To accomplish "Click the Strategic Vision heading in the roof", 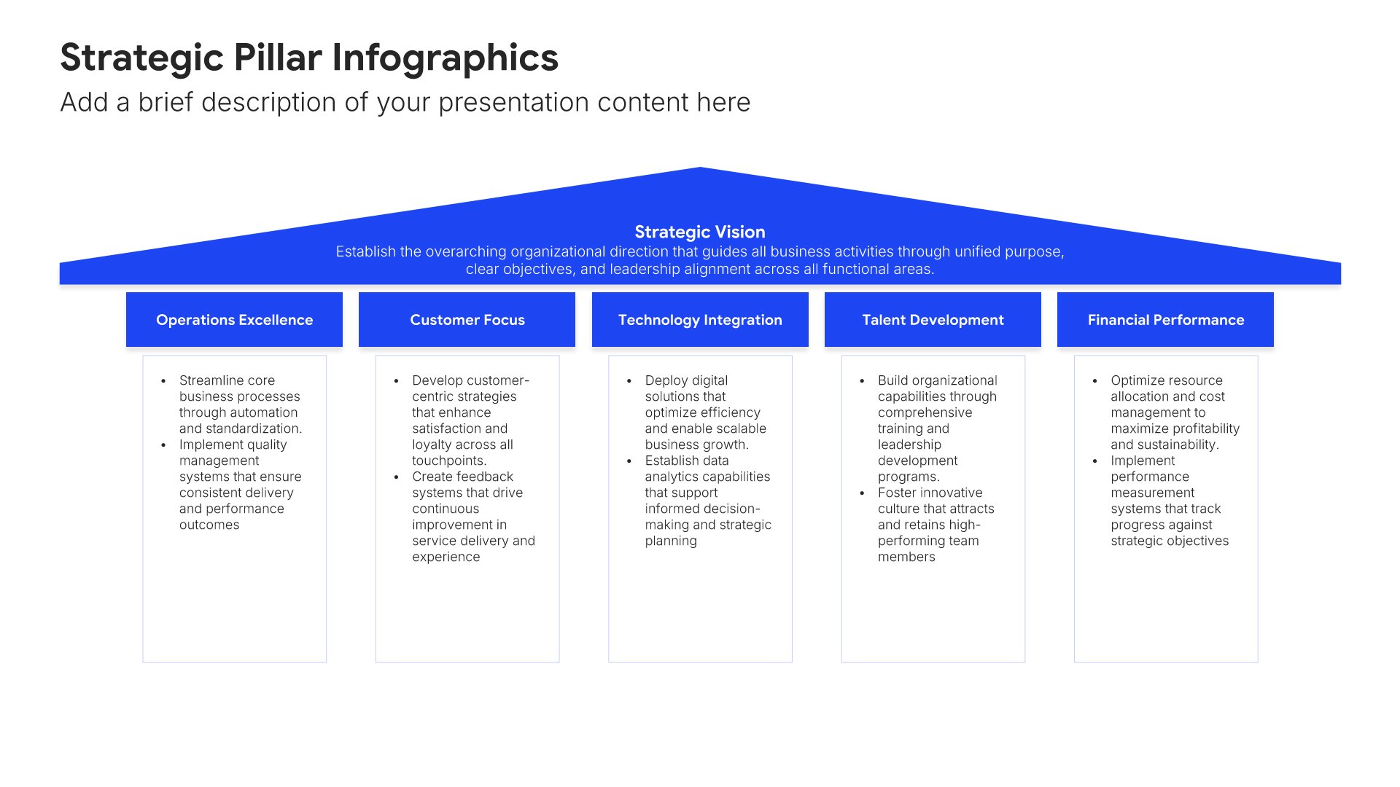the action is (700, 232).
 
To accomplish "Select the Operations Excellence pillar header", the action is (234, 319).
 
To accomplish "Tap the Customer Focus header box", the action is (467, 319).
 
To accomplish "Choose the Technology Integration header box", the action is (700, 319).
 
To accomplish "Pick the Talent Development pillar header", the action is (933, 319).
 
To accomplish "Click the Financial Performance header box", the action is (1165, 319).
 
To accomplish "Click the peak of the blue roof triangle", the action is (700, 168).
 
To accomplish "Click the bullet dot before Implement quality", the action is (163, 445).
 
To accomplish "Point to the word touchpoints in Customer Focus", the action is (449, 461).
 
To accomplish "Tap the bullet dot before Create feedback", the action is (396, 477).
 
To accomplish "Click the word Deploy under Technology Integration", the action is (666, 381).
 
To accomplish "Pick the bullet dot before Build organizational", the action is (862, 380).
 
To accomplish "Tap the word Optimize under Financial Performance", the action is (1138, 381).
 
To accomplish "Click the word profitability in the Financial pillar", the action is (1203, 429).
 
